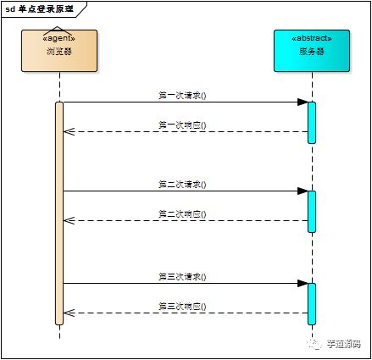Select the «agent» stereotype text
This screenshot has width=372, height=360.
tap(59, 38)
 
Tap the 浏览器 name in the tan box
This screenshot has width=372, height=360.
tap(59, 52)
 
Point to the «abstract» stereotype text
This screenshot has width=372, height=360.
tap(312, 38)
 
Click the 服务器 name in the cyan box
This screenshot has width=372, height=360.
tap(312, 52)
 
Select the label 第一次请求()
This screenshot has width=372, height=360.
tap(182, 96)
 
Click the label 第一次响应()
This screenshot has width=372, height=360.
tap(182, 125)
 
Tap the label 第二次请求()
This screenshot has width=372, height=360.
tap(182, 184)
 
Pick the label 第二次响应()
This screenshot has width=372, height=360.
tap(182, 213)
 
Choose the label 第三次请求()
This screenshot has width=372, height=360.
tap(182, 276)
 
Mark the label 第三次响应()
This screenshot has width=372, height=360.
tap(182, 306)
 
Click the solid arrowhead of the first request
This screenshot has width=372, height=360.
tap(302, 102)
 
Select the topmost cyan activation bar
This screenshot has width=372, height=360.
tap(312, 122)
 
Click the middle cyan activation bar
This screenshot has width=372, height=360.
tap(312, 211)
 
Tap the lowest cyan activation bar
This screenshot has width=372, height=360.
tap(312, 303)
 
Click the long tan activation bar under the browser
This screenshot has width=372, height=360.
tap(59, 212)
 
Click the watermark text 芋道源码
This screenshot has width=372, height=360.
tap(344, 344)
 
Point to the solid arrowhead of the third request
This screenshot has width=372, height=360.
tap(302, 283)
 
